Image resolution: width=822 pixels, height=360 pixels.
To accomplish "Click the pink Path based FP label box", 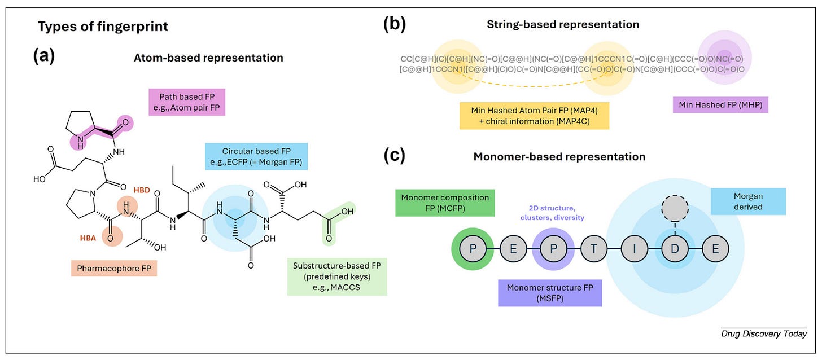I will point(187,102).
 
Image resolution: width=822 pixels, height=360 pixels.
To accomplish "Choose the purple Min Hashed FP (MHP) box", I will point(720,104).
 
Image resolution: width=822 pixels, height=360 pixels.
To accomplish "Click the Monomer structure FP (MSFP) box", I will point(549,293).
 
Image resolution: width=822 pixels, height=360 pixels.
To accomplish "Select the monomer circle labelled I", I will point(633,249).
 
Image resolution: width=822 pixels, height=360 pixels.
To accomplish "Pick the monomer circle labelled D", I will point(674,249).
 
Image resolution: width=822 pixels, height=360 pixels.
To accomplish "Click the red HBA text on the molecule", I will point(89,239).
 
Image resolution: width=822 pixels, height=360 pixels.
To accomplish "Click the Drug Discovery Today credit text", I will point(763,333).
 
